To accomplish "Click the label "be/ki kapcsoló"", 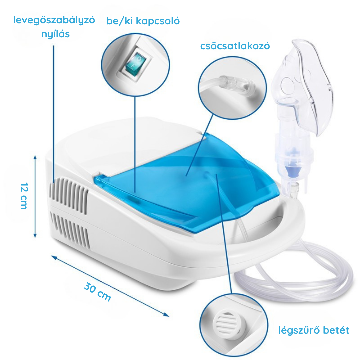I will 143,21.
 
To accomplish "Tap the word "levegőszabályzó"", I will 54,20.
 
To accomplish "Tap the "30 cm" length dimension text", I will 97,291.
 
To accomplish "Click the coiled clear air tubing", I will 300,273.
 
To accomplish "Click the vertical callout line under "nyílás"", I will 54,113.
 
